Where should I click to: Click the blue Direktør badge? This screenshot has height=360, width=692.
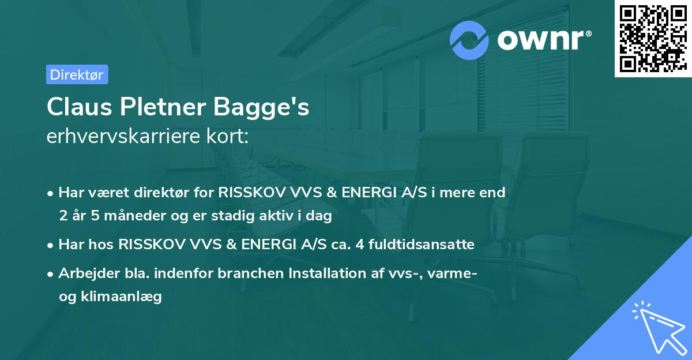(77, 74)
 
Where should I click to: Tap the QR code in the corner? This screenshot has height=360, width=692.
(653, 38)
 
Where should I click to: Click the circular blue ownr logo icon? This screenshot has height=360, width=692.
(469, 40)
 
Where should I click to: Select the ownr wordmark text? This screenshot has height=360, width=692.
(544, 40)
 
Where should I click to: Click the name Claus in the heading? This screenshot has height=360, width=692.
(80, 107)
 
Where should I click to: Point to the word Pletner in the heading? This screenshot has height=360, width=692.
(163, 107)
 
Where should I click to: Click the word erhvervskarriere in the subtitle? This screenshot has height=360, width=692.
(123, 136)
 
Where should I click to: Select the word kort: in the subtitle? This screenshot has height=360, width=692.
(228, 136)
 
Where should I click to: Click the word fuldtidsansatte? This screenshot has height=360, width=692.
(422, 245)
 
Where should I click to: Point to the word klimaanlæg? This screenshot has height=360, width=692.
(121, 297)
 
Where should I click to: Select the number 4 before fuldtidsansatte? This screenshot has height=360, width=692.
(360, 245)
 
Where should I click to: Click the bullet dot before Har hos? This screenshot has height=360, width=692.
(50, 246)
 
